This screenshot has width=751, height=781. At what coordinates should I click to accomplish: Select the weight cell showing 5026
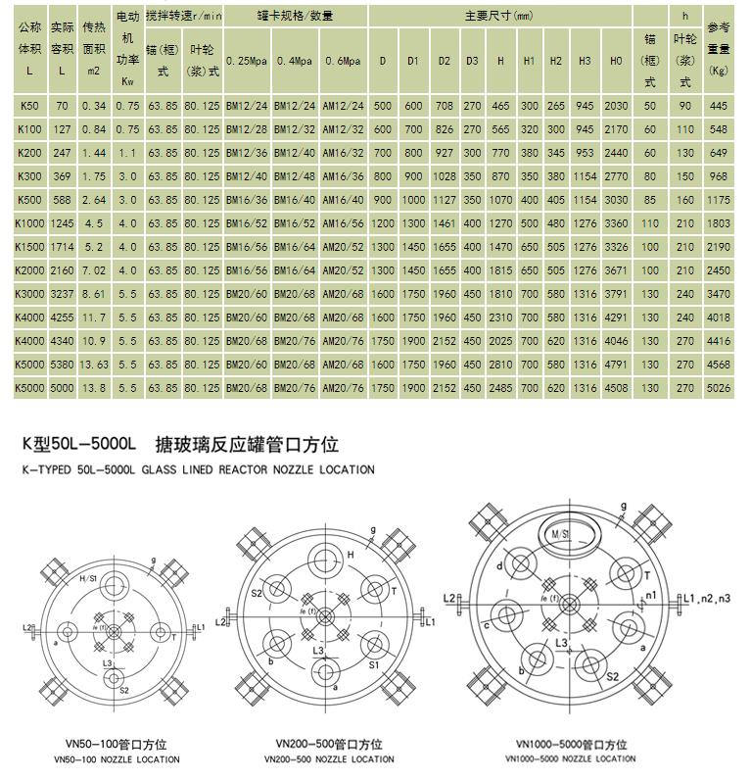tap(718, 387)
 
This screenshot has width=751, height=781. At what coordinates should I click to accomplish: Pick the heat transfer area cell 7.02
tap(93, 268)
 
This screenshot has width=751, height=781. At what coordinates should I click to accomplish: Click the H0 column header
tap(616, 61)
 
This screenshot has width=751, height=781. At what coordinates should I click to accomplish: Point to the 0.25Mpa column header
tap(247, 61)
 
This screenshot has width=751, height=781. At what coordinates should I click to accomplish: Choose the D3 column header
tap(472, 61)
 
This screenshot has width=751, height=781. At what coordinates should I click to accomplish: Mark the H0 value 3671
tap(616, 268)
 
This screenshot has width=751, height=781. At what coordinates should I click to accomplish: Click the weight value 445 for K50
tap(718, 105)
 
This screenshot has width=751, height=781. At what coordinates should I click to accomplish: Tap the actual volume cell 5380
tap(62, 364)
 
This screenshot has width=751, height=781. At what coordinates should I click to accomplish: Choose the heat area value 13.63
tap(93, 364)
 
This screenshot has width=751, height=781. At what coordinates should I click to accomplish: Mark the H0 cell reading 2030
tap(616, 105)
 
